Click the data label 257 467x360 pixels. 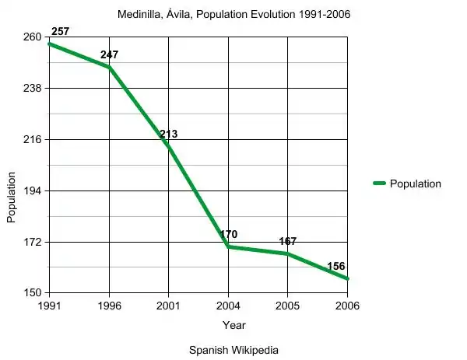tap(61, 31)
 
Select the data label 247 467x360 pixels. tap(110, 55)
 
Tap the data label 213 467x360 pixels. tap(169, 134)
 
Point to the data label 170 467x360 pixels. tap(229, 234)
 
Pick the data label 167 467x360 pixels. tap(288, 241)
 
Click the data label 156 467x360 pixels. tap(336, 266)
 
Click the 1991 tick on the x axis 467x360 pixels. tap(51, 306)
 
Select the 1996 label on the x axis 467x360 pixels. tap(110, 306)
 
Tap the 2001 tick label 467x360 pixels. tap(169, 306)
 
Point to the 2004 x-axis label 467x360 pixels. tap(229, 306)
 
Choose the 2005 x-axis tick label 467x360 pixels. tap(288, 306)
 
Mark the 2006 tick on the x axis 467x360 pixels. tap(347, 306)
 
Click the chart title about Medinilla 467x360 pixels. tap(233, 15)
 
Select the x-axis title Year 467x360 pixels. tap(233, 324)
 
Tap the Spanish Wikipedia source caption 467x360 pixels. tap(233, 350)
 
